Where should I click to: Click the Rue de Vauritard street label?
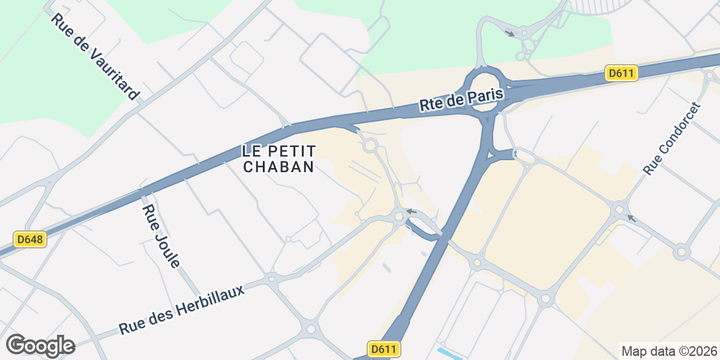tap(95, 56)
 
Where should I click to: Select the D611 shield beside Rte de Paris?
tap(621, 73)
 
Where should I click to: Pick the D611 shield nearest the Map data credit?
tap(383, 349)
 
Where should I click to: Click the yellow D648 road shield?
tap(30, 239)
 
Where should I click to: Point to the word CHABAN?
tap(279, 167)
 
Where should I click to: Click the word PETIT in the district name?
tap(293, 150)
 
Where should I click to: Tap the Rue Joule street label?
tap(161, 235)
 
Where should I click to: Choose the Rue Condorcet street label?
tap(671, 139)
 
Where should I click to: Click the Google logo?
tap(40, 346)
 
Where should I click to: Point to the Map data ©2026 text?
tap(669, 351)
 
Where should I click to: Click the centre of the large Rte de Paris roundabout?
tap(484, 89)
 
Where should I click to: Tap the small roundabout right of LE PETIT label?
tap(370, 145)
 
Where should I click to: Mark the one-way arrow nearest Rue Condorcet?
tap(631, 218)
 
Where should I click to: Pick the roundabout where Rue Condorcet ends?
tap(620, 209)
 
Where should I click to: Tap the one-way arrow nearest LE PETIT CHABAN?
tap(411, 211)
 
